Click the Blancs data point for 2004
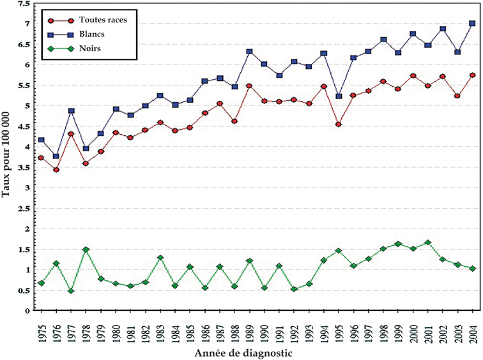472,24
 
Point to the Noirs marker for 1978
86,250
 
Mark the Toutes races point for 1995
338,124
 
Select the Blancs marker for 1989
249,52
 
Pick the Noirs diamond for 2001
427,243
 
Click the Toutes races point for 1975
42,158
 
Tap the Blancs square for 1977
71,111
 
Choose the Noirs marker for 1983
160,258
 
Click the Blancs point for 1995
338,96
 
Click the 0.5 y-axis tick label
24,290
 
